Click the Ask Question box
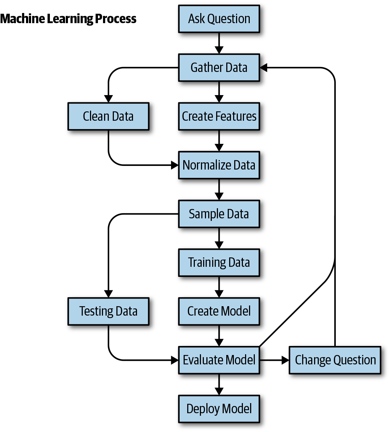[219, 19]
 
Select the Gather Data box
[219, 68]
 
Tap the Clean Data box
[108, 116]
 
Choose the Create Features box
[219, 116]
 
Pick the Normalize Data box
[219, 165]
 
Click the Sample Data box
[219, 214]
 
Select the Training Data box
[219, 262]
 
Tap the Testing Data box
[108, 311]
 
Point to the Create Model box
[219, 311]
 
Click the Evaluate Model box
[219, 360]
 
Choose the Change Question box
[335, 360]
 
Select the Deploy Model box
[219, 409]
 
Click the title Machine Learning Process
[68, 19]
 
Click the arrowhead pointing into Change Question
[285, 360]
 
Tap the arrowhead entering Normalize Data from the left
[175, 165]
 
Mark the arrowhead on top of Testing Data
[108, 294]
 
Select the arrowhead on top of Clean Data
[108, 99]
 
